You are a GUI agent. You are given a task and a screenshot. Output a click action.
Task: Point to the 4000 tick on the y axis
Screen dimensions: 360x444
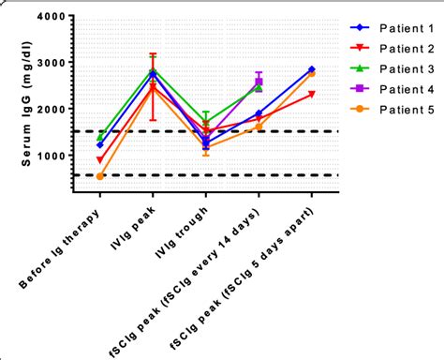(x=52, y=17)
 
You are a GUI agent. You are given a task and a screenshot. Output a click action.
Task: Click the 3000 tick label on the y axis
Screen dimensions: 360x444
(x=52, y=63)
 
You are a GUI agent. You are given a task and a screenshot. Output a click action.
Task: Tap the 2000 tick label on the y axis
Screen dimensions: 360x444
(x=52, y=110)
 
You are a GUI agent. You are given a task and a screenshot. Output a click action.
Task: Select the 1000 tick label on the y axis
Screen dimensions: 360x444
(x=52, y=156)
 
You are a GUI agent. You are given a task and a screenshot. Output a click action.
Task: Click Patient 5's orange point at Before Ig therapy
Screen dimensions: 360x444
(x=100, y=176)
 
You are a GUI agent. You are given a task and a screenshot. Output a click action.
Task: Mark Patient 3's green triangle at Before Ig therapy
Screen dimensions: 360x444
(x=100, y=137)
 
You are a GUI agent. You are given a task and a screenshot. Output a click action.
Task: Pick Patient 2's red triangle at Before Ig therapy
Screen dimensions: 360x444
(x=100, y=160)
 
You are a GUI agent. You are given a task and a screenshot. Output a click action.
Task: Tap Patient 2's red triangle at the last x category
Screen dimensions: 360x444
(x=311, y=95)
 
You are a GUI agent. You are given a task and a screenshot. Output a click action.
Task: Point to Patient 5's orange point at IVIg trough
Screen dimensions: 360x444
(x=206, y=148)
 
